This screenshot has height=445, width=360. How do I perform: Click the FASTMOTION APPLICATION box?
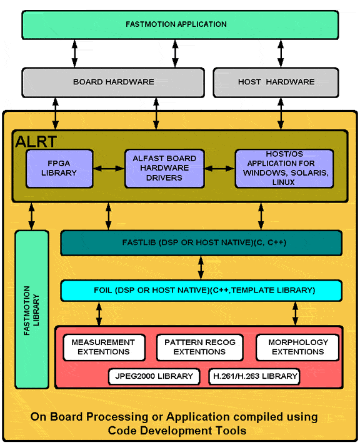(x=180, y=25)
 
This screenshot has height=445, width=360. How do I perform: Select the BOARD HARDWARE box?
(x=113, y=82)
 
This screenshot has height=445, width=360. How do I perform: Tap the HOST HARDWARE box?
(x=276, y=82)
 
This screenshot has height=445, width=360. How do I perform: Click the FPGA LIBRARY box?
(x=59, y=168)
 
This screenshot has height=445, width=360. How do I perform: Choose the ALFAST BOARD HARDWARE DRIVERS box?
(x=164, y=168)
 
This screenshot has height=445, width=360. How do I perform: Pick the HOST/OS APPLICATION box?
(x=284, y=168)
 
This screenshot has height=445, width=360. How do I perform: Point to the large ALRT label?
(x=36, y=142)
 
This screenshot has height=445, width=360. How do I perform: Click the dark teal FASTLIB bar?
(x=201, y=242)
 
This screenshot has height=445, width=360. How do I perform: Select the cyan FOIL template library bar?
(x=201, y=291)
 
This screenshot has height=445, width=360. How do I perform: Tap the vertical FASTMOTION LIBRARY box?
(x=32, y=309)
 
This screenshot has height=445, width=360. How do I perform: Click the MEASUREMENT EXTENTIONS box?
(x=104, y=347)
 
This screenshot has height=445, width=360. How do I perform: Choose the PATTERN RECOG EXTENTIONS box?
(x=199, y=347)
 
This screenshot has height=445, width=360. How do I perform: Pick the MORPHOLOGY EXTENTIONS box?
(x=297, y=347)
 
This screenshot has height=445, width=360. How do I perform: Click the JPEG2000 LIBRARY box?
(x=154, y=377)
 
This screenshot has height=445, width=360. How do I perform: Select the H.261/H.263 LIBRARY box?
(x=254, y=377)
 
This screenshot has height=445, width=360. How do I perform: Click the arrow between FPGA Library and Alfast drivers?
(x=109, y=169)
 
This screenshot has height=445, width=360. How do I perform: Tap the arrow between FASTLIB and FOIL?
(x=201, y=267)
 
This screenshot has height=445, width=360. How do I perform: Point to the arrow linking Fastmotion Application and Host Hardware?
(x=281, y=54)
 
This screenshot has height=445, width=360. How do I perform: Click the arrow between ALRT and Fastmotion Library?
(x=31, y=216)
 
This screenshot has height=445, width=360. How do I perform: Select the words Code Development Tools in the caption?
(x=177, y=431)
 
